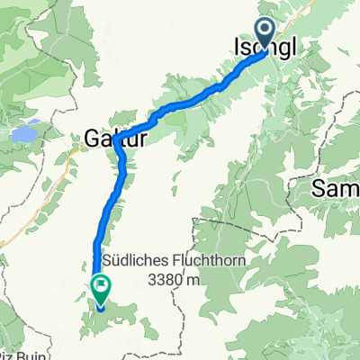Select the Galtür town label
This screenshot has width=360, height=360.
pyautogui.click(x=114, y=139)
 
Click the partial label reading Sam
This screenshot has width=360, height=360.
pyautogui.click(x=336, y=189)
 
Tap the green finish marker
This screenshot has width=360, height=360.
pyautogui.click(x=99, y=290)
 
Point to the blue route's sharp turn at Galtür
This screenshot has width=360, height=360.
pyautogui.click(x=119, y=153)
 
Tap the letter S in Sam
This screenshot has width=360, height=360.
pyautogui.click(x=319, y=189)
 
